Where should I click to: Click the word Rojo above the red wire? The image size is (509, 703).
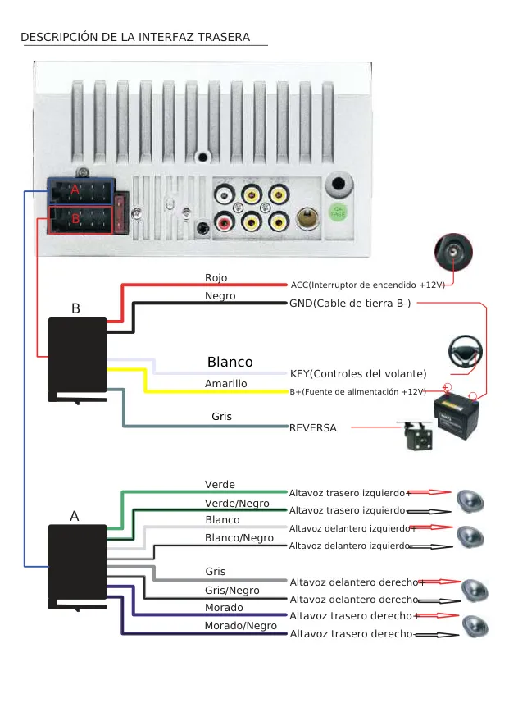click(216, 278)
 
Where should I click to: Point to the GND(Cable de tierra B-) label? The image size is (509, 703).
click(350, 303)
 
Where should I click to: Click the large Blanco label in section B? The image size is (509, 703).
click(230, 362)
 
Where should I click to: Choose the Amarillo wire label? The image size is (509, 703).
click(225, 383)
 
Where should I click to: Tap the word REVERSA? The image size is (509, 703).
click(312, 427)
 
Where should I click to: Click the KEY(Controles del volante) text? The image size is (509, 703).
click(358, 373)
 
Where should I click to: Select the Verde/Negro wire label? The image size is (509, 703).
click(237, 503)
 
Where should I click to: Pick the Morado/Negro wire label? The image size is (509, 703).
click(240, 625)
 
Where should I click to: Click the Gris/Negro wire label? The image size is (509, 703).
click(232, 590)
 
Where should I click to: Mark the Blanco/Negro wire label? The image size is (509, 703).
click(239, 537)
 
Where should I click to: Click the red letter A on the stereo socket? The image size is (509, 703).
click(75, 189)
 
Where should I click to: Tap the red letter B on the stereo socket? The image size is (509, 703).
click(75, 219)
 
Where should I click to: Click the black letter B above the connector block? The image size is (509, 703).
click(75, 309)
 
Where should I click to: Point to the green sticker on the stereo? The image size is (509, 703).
click(338, 212)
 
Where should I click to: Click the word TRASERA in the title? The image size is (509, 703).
click(223, 37)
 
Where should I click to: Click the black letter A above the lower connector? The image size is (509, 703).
click(75, 516)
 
